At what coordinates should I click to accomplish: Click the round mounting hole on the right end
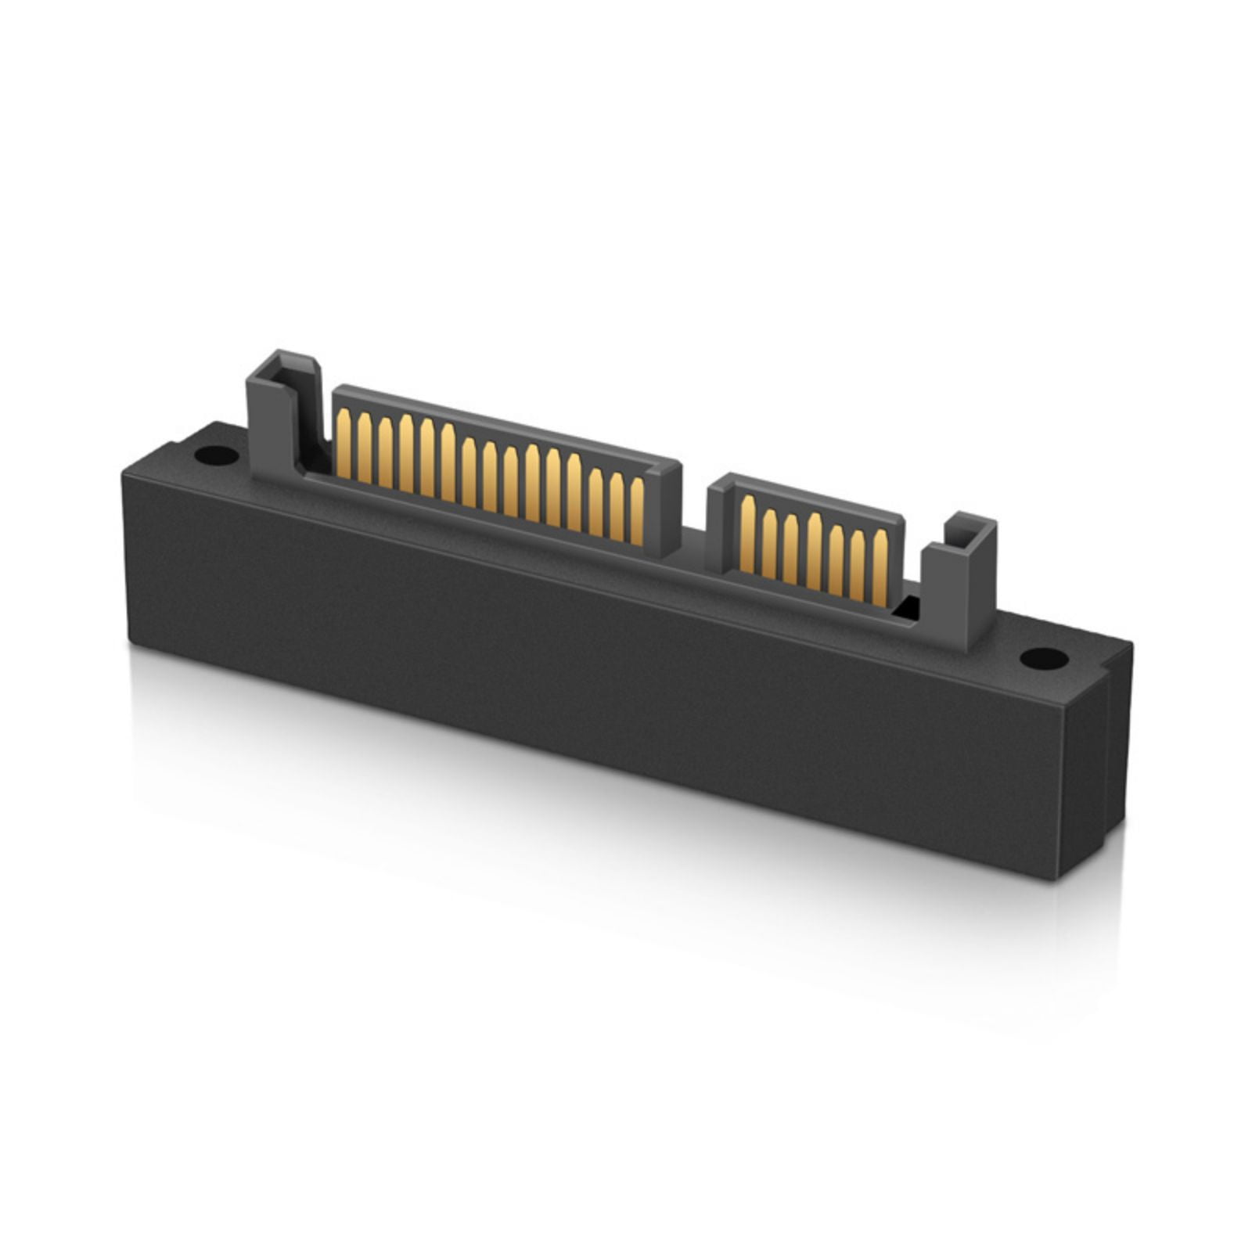tap(1044, 659)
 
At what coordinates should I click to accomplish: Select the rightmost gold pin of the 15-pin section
tap(637, 510)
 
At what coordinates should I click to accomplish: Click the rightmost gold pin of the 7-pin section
tap(880, 565)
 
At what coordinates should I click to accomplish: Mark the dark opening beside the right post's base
tap(909, 606)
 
